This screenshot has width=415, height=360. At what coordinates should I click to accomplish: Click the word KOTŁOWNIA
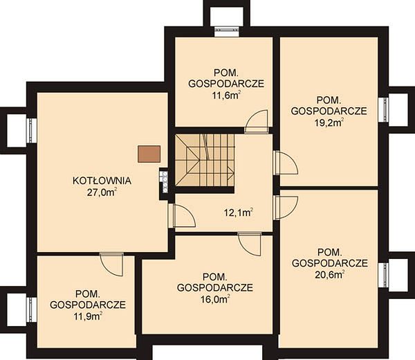pyautogui.click(x=102, y=181)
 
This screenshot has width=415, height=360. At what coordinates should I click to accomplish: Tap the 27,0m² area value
pyautogui.click(x=102, y=192)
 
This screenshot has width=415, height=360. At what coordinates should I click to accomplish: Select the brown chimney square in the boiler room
pyautogui.click(x=149, y=154)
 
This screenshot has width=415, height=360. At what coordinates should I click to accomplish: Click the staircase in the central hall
pyautogui.click(x=205, y=160)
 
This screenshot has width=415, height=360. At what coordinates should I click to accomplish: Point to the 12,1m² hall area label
pyautogui.click(x=239, y=213)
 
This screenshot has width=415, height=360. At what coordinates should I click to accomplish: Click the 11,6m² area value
pyautogui.click(x=226, y=96)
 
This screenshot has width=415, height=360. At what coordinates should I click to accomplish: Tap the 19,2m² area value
pyautogui.click(x=329, y=123)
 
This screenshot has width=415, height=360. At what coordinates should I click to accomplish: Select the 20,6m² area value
pyautogui.click(x=329, y=275)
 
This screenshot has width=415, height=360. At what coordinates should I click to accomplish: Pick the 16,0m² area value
pyautogui.click(x=215, y=300)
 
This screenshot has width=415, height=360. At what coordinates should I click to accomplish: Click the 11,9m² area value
pyautogui.click(x=88, y=316)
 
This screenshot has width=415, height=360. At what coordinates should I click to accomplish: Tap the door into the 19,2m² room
pyautogui.click(x=286, y=163)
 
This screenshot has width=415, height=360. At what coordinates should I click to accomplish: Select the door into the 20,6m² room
pyautogui.click(x=286, y=208)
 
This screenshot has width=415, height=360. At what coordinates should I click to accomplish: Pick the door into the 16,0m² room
pyautogui.click(x=250, y=244)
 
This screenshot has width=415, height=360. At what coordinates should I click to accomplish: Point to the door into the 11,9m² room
pyautogui.click(x=112, y=264)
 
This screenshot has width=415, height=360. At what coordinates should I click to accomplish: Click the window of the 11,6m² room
pyautogui.click(x=227, y=32)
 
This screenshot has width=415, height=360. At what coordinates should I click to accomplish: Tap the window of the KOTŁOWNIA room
pyautogui.click(x=32, y=131)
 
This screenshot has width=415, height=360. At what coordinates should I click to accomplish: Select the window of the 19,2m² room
pyautogui.click(x=383, y=109)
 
